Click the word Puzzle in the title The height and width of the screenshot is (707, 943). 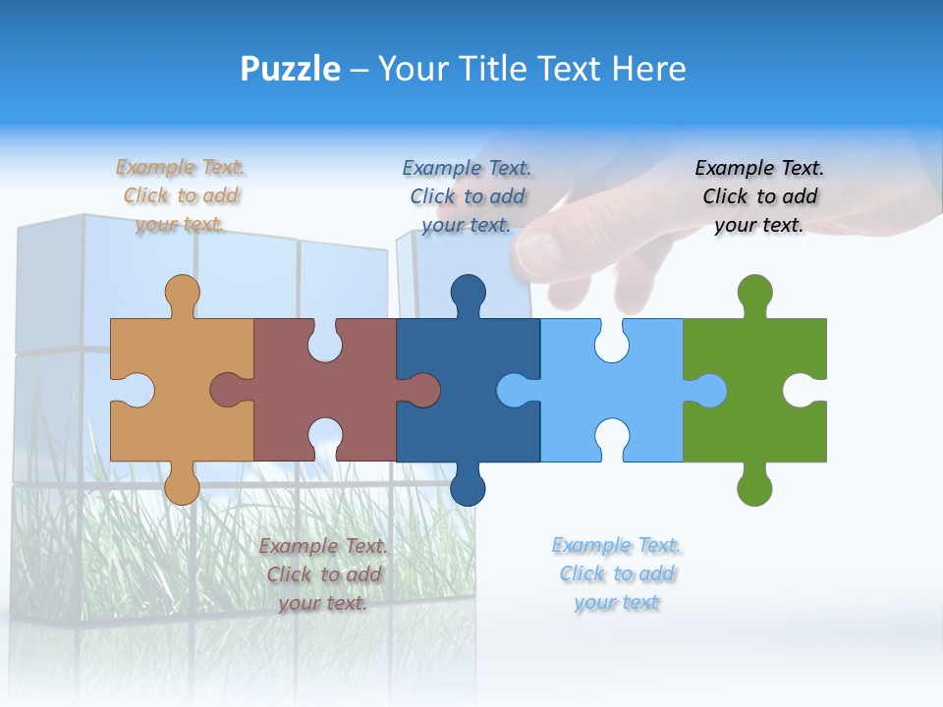290,69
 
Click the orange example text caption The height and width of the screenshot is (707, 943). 181,195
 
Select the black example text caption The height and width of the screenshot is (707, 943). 759,196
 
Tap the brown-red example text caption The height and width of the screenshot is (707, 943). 323,574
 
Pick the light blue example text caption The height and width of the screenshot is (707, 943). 616,573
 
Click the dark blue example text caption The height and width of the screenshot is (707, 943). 467,196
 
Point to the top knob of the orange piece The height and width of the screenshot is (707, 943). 182,292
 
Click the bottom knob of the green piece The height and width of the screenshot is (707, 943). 754,487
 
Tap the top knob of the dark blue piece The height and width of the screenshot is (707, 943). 468,292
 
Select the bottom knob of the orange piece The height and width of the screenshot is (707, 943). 182,486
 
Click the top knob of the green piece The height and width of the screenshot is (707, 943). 754,292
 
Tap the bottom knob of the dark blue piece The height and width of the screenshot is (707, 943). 468,487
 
